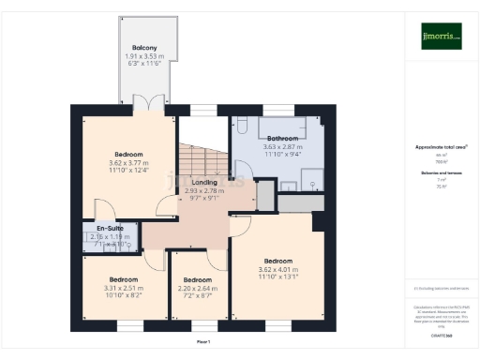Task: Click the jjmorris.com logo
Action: (x=441, y=37)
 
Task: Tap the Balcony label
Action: (x=143, y=48)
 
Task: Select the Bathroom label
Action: (x=282, y=139)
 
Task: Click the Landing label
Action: (x=204, y=182)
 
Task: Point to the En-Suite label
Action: (x=112, y=228)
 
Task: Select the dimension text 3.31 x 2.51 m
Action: (x=123, y=288)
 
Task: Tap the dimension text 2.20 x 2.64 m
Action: (x=197, y=289)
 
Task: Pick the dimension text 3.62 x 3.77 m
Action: (x=129, y=162)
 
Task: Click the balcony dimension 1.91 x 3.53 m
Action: (x=143, y=57)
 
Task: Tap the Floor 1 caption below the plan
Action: (x=203, y=342)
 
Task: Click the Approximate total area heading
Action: (x=441, y=147)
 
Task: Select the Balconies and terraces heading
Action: (x=441, y=174)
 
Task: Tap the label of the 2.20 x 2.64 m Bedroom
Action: (x=197, y=280)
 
